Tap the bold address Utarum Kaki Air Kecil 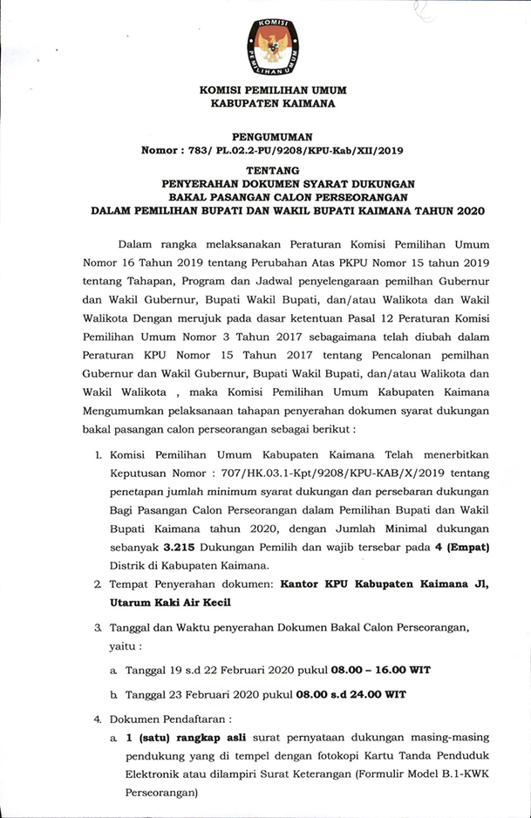click(171, 602)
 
